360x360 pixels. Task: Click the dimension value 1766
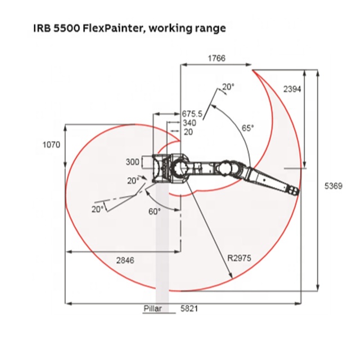[217, 58]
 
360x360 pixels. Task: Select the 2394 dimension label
[292, 89]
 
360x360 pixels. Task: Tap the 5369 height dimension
[333, 186]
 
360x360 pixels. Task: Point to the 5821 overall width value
[189, 309]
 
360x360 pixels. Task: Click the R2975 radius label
[239, 258]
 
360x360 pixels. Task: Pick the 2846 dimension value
[125, 260]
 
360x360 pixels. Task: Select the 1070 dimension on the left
[51, 145]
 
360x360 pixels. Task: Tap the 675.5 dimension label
[192, 114]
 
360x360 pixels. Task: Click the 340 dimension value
[190, 123]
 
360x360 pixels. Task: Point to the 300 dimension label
[133, 162]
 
